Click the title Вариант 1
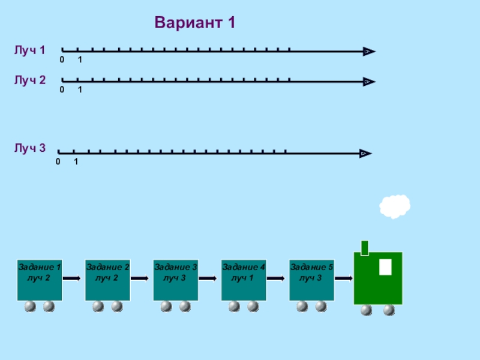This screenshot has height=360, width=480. point(194,23)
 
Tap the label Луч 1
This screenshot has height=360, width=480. point(30,50)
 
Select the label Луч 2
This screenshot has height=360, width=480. point(30,80)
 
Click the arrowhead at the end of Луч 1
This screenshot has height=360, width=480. point(369,52)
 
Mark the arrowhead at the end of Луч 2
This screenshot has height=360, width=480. point(369,81)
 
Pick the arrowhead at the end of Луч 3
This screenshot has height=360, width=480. point(365,154)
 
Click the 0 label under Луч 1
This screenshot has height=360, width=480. point(62,61)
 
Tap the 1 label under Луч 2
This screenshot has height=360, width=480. point(80,90)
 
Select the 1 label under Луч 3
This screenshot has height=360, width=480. point(76,163)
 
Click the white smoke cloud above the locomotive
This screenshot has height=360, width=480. point(395,206)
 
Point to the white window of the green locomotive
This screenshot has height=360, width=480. point(385,267)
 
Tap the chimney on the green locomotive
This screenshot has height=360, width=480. point(364,247)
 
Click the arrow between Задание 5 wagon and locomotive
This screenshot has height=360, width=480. point(344,278)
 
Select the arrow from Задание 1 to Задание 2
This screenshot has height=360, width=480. point(72,278)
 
